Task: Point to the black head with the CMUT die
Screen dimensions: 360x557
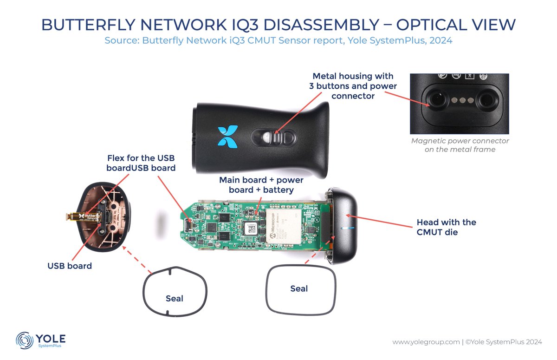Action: pos(344,226)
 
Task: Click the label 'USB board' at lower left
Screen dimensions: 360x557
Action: pos(70,266)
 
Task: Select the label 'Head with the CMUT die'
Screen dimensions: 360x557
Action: pos(446,227)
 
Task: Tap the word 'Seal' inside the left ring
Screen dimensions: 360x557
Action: pos(175,299)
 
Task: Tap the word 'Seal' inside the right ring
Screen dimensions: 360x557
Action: pos(299,288)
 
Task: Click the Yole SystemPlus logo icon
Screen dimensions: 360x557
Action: pos(24,340)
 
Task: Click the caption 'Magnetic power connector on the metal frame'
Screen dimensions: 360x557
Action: pos(460,145)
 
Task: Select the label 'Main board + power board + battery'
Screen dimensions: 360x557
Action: pos(261,185)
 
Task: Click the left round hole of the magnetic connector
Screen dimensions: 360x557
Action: pos(435,98)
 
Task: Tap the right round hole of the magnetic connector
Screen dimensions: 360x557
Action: pos(486,98)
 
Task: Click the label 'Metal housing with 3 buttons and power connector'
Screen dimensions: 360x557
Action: pos(352,86)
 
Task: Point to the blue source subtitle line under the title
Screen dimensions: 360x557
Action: pos(278,40)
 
